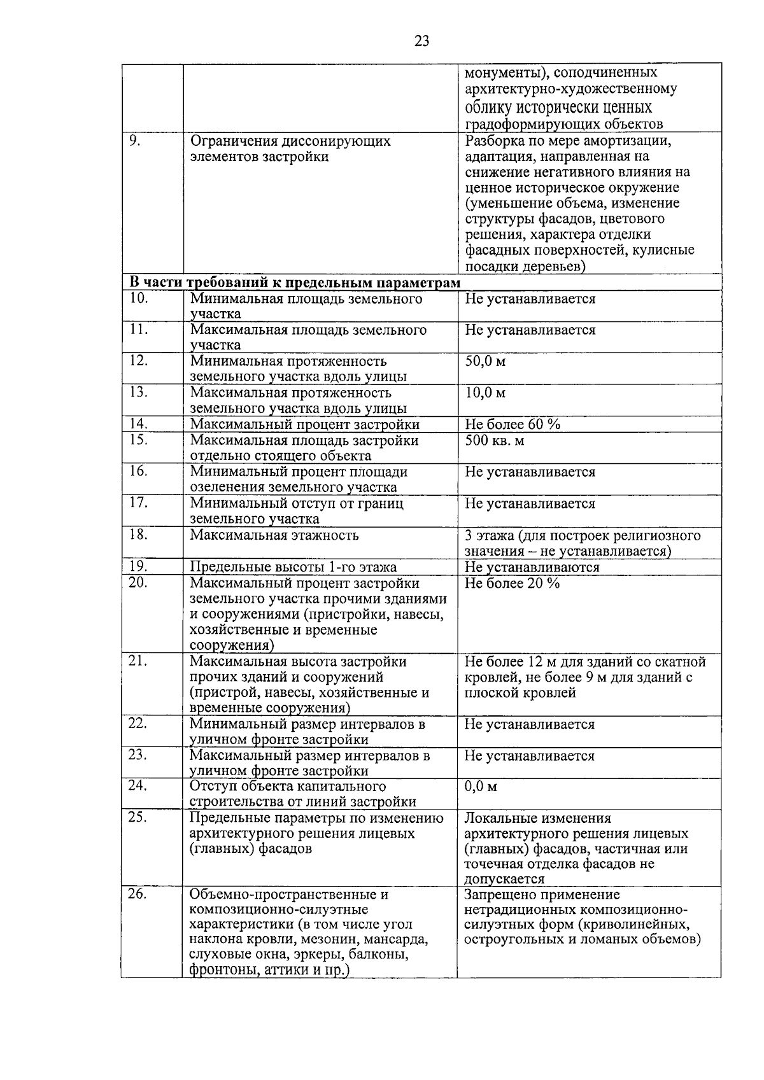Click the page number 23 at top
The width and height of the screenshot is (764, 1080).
click(x=421, y=41)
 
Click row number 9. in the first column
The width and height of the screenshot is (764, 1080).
click(x=134, y=141)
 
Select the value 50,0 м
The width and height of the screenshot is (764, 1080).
click(x=485, y=361)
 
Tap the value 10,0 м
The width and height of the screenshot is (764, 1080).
click(x=485, y=393)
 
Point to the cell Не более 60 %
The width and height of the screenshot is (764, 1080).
click(x=513, y=424)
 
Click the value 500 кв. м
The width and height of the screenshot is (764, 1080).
click(x=495, y=440)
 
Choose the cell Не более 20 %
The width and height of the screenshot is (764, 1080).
click(x=513, y=584)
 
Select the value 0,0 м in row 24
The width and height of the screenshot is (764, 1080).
click(x=481, y=787)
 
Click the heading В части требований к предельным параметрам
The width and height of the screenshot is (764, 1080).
click(x=294, y=283)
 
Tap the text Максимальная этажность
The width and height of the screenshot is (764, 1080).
click(x=274, y=535)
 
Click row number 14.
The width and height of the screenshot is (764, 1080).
click(x=138, y=424)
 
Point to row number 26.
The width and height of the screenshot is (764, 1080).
click(x=138, y=894)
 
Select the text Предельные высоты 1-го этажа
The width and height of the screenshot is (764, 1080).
click(x=293, y=567)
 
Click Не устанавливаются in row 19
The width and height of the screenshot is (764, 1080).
click(x=532, y=567)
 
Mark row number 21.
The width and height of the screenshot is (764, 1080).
click(x=138, y=661)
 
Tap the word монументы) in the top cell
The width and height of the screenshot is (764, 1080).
click(x=500, y=73)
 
